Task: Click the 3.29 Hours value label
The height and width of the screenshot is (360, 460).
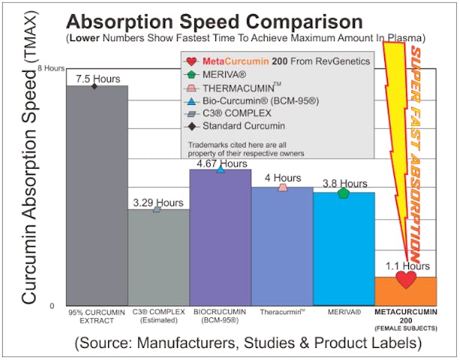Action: point(158,202)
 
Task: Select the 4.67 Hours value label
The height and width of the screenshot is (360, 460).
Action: point(219,163)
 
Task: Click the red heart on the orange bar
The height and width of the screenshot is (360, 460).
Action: point(406,280)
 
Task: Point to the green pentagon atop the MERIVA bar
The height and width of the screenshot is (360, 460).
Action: point(343,193)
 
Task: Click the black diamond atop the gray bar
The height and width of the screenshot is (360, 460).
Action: point(95,86)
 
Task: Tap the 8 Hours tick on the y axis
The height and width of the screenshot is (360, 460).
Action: point(51,68)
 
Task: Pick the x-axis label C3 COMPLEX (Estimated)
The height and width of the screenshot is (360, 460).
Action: point(157,316)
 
